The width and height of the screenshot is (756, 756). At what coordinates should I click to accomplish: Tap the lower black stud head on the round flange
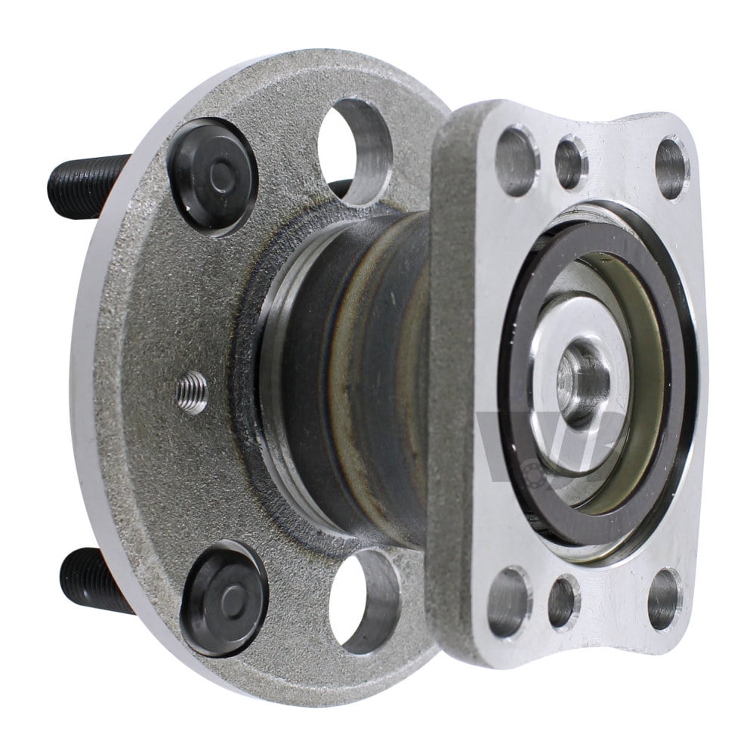(224, 598)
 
